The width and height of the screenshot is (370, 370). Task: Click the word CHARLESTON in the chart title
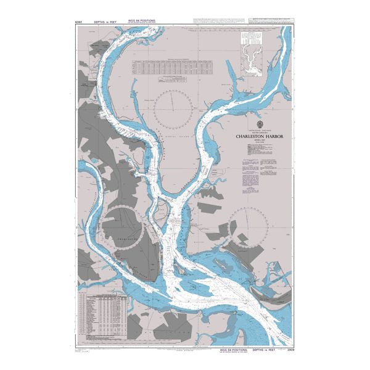point(249,137)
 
